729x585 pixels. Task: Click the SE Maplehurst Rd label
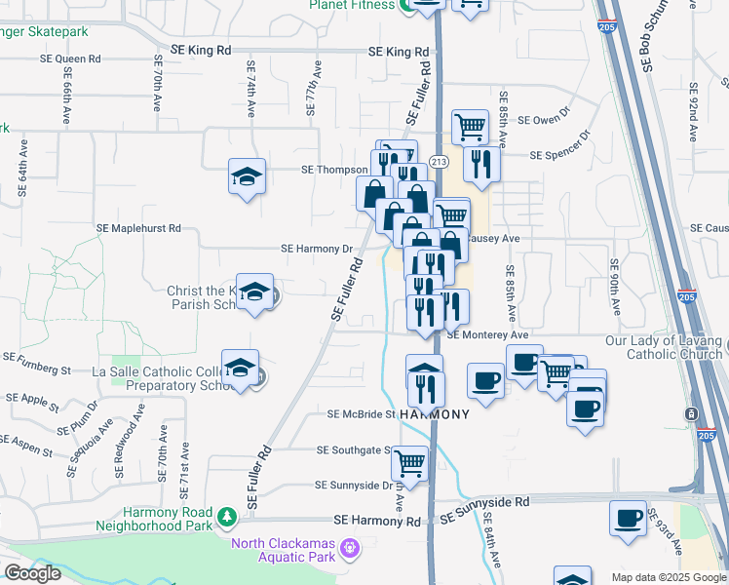[138, 228]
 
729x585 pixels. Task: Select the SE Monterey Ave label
[487, 334]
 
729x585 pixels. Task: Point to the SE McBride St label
[361, 414]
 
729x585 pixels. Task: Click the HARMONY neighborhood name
[435, 414]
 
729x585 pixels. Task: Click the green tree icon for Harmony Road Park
[226, 514]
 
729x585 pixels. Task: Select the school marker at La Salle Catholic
[240, 370]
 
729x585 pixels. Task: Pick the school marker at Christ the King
[255, 292]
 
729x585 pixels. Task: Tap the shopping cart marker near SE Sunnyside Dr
[409, 465]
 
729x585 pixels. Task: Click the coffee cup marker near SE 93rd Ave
[629, 518]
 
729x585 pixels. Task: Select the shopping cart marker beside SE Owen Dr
[470, 127]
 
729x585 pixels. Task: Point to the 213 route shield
[438, 162]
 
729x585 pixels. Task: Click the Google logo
[32, 573]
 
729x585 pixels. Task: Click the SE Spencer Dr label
[560, 146]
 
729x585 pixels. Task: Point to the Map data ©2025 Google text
[668, 577]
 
